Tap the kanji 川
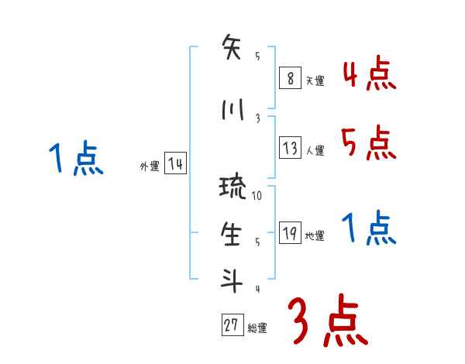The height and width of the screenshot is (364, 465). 232,108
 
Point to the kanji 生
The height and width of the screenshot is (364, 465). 232,234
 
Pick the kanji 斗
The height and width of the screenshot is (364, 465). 232,280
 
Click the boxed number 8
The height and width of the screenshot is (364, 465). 289,78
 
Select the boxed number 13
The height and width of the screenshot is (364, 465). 290,148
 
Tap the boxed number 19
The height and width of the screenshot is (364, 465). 290,233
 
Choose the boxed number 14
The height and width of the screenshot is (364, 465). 174,164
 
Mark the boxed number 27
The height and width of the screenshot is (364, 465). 231,326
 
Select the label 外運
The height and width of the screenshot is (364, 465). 150,166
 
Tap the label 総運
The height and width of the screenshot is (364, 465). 257,328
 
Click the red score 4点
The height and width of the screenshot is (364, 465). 369,74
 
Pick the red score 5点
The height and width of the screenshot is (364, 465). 369,143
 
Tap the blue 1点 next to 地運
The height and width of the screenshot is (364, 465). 369,229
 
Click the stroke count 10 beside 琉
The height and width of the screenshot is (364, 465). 257,196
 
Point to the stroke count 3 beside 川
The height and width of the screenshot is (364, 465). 257,118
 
